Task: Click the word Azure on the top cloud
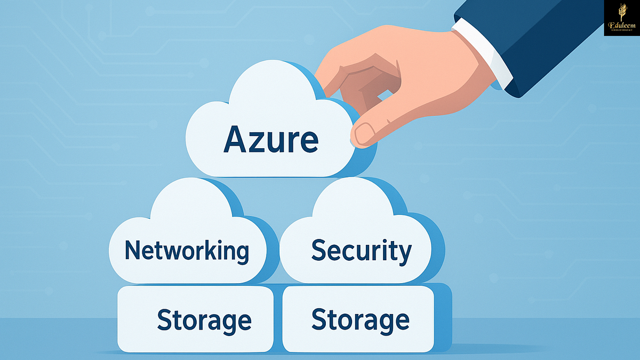pyautogui.click(x=271, y=140)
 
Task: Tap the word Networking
pyautogui.click(x=187, y=250)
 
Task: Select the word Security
pyautogui.click(x=362, y=250)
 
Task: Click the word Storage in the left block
pyautogui.click(x=204, y=320)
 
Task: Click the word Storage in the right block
pyautogui.click(x=361, y=319)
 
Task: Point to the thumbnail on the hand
pyautogui.click(x=365, y=134)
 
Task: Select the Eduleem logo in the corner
pyautogui.click(x=621, y=18)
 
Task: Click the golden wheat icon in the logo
pyautogui.click(x=621, y=12)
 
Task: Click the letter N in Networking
pyautogui.click(x=133, y=250)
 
